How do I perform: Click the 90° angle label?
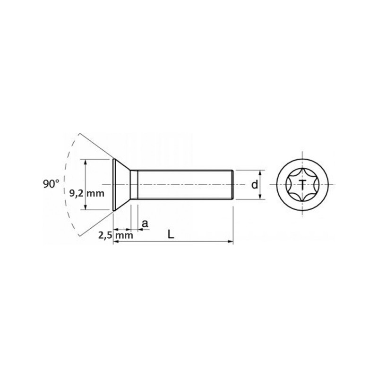[51, 184]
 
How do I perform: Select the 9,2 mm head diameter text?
[86, 193]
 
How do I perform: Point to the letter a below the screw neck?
[145, 223]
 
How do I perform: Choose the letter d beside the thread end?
[255, 185]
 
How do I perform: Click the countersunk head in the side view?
[121, 184]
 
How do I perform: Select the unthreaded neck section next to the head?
[134, 184]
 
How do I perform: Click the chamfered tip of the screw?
[232, 184]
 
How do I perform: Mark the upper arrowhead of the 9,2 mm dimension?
[85, 162]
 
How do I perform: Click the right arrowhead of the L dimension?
[231, 242]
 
